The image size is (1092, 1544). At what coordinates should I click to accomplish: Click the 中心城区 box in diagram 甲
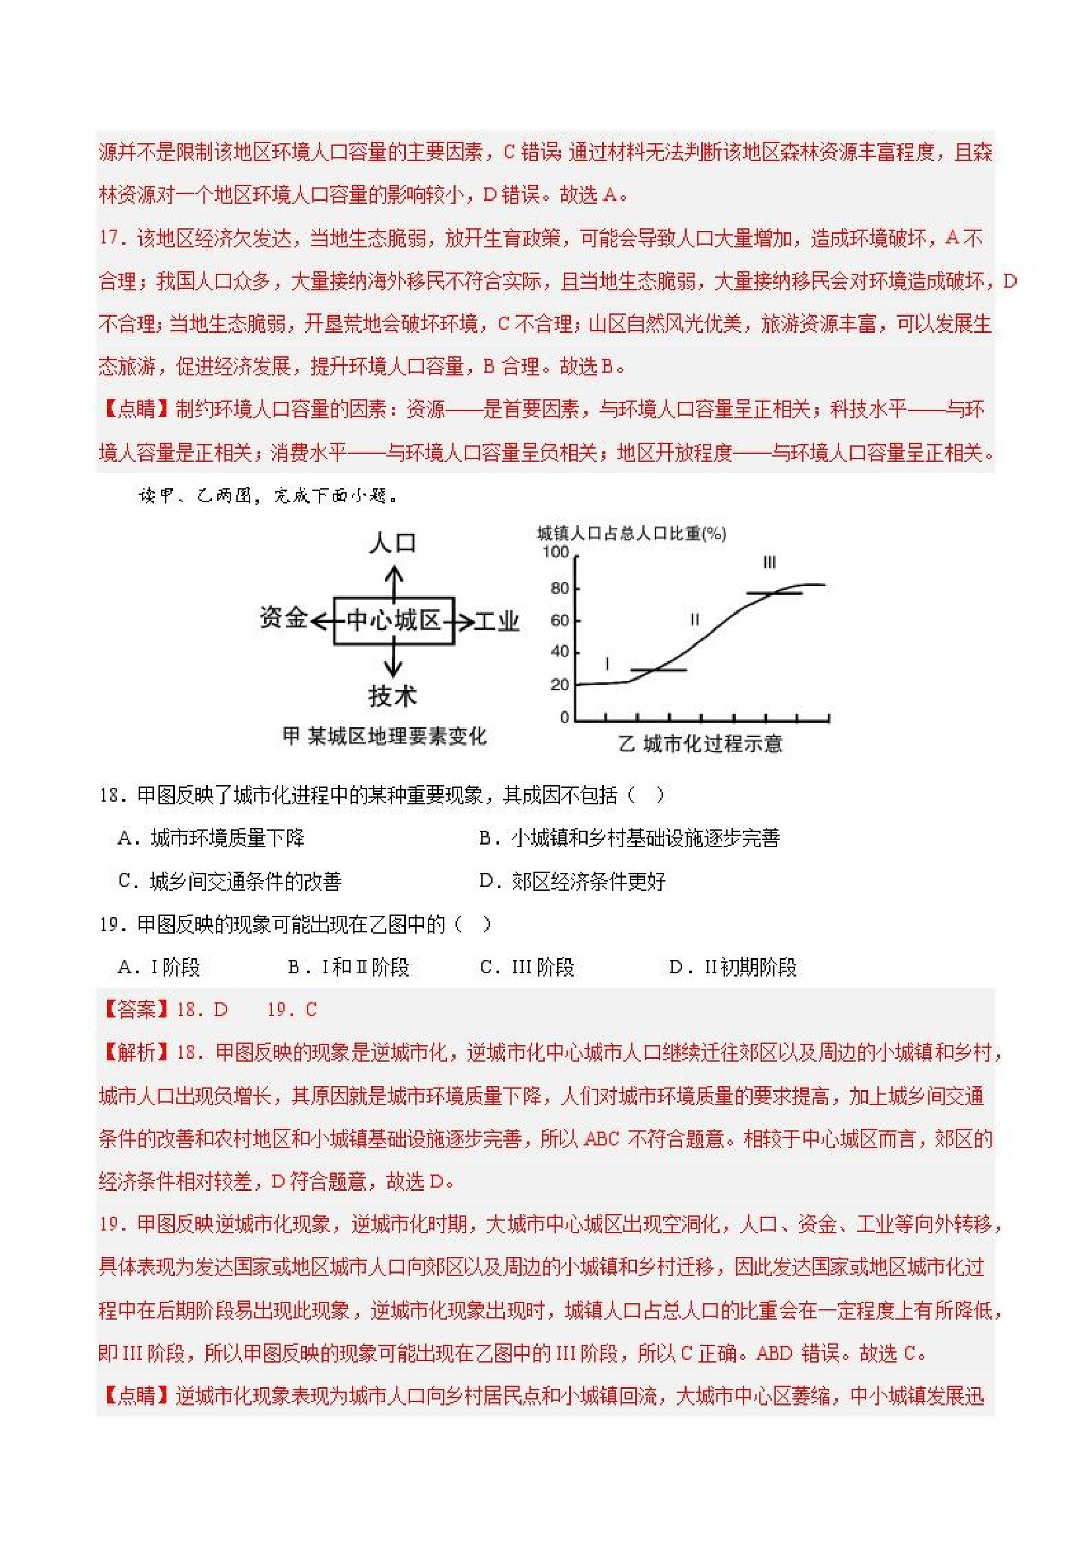(393, 620)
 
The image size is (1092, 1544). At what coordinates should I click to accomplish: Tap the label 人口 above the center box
(392, 542)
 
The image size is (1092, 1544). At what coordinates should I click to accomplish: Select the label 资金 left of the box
(283, 618)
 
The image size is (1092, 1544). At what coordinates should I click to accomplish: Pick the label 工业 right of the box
(496, 622)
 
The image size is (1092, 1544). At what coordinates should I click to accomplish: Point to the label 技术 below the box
(392, 696)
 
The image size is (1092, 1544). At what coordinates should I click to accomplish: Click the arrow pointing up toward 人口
(393, 582)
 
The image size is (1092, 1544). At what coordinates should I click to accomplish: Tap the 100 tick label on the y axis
(556, 553)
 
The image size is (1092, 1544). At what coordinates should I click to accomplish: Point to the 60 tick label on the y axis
(560, 620)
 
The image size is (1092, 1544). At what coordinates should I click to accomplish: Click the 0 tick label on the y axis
(564, 717)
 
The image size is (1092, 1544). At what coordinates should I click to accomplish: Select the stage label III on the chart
(769, 562)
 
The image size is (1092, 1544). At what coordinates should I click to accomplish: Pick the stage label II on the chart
(695, 620)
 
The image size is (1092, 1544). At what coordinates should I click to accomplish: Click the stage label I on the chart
(607, 664)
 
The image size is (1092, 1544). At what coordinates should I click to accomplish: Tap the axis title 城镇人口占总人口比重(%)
(631, 534)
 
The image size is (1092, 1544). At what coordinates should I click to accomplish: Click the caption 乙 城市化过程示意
(700, 744)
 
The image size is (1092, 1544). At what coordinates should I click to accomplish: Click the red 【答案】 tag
(136, 1010)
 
